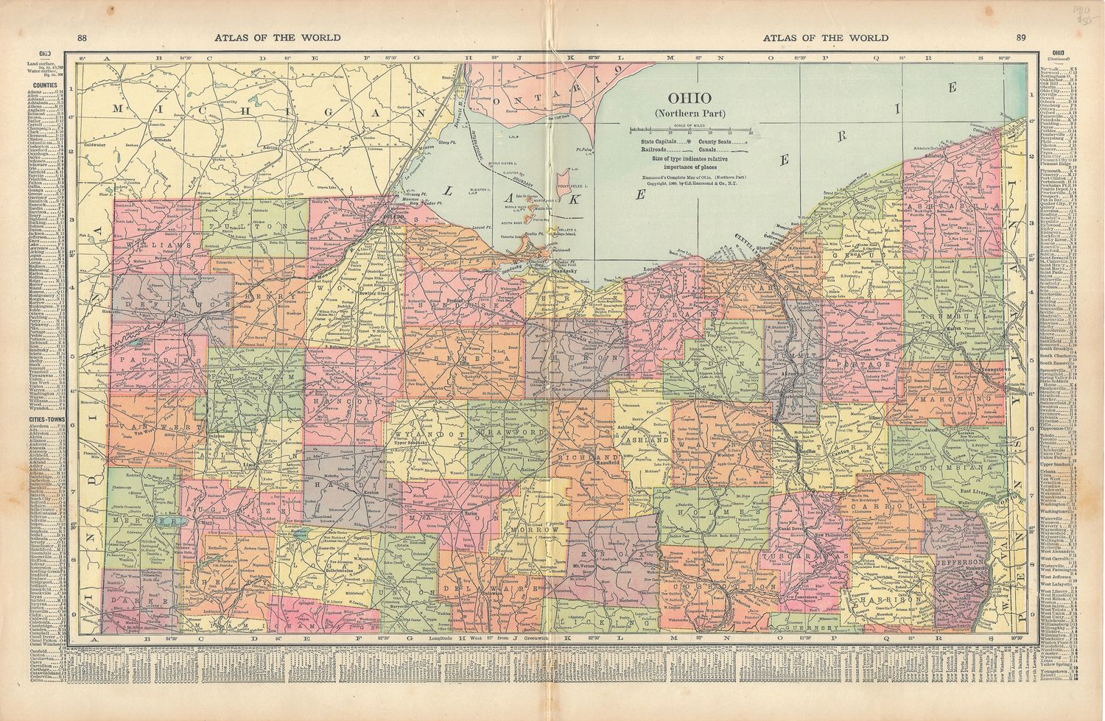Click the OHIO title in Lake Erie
689,98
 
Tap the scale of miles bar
690,131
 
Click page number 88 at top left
82,38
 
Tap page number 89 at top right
1020,38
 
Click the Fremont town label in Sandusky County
455,303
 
